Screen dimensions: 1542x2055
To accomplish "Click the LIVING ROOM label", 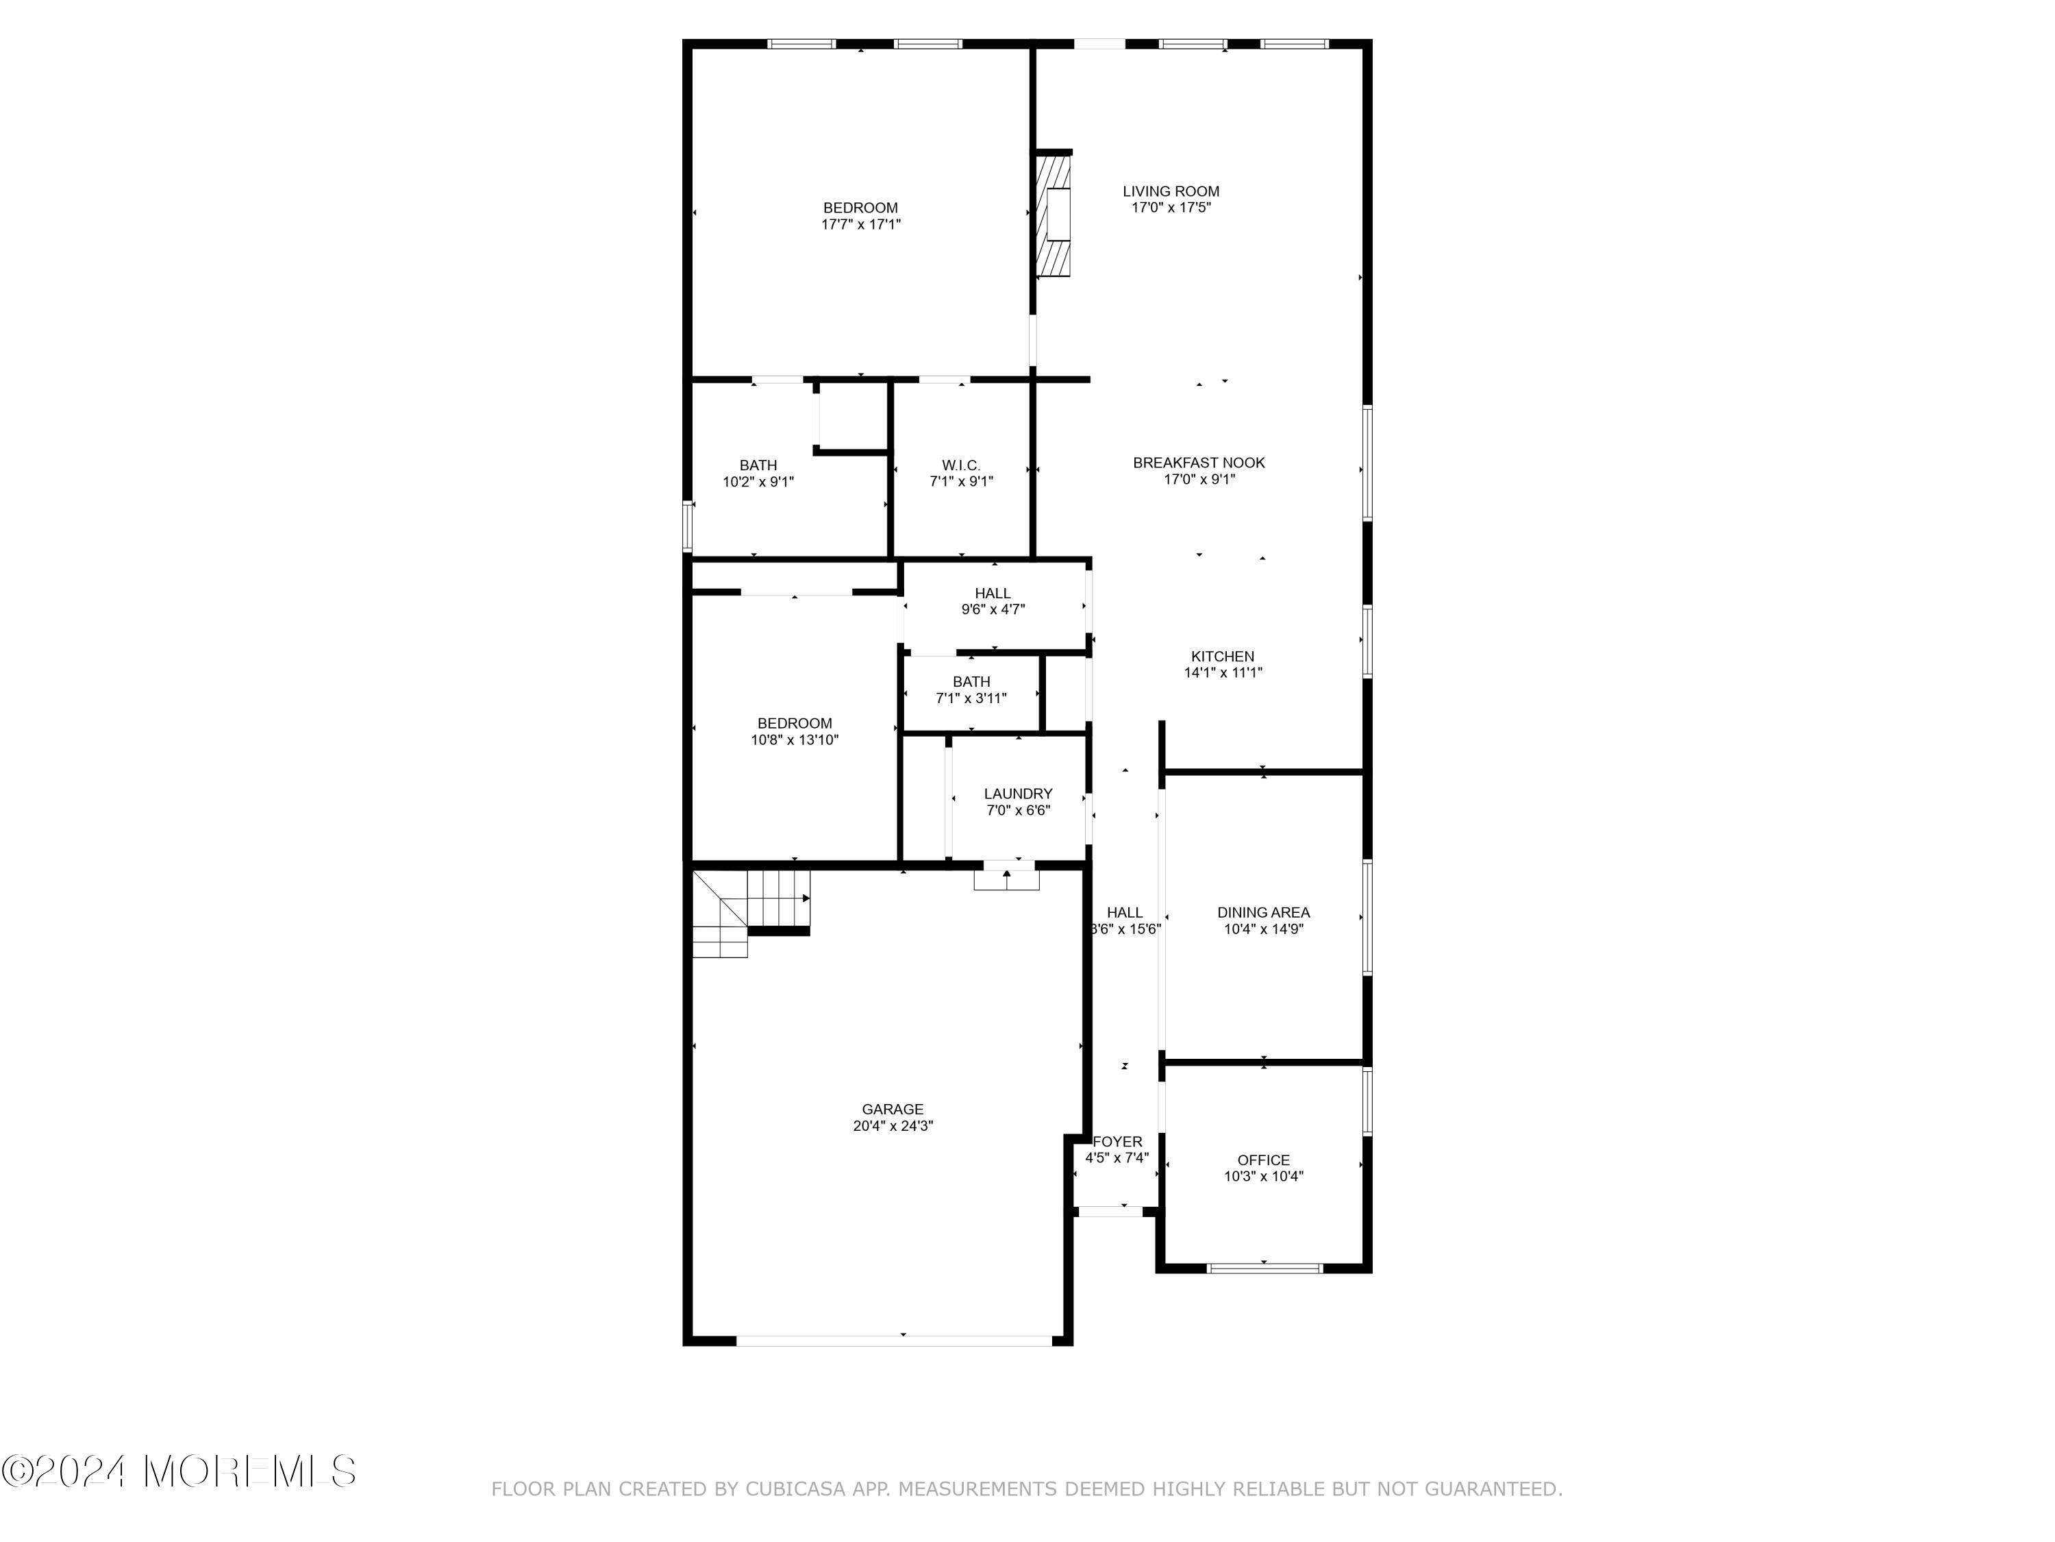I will point(1171,191).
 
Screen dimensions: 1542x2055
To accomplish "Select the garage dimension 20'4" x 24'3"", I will point(893,1125).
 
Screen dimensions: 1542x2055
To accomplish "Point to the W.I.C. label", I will point(960,465).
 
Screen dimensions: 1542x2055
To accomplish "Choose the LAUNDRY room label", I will point(1018,794).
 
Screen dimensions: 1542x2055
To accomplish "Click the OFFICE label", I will point(1263,1160).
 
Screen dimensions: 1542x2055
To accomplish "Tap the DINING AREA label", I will point(1263,913).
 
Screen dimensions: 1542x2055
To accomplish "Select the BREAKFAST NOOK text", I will point(1199,463).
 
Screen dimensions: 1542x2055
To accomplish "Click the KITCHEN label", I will point(1223,657).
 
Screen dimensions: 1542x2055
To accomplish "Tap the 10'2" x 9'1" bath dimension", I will point(758,482).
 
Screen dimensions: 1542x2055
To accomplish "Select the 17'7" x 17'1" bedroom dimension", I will point(860,224).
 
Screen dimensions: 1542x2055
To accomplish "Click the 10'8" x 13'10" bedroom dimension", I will point(795,740).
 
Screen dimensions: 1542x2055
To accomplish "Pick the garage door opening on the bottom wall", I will point(894,1341).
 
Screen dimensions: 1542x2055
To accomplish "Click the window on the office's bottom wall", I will point(1265,1268).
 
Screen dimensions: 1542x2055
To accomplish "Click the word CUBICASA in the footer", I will point(795,1489).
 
